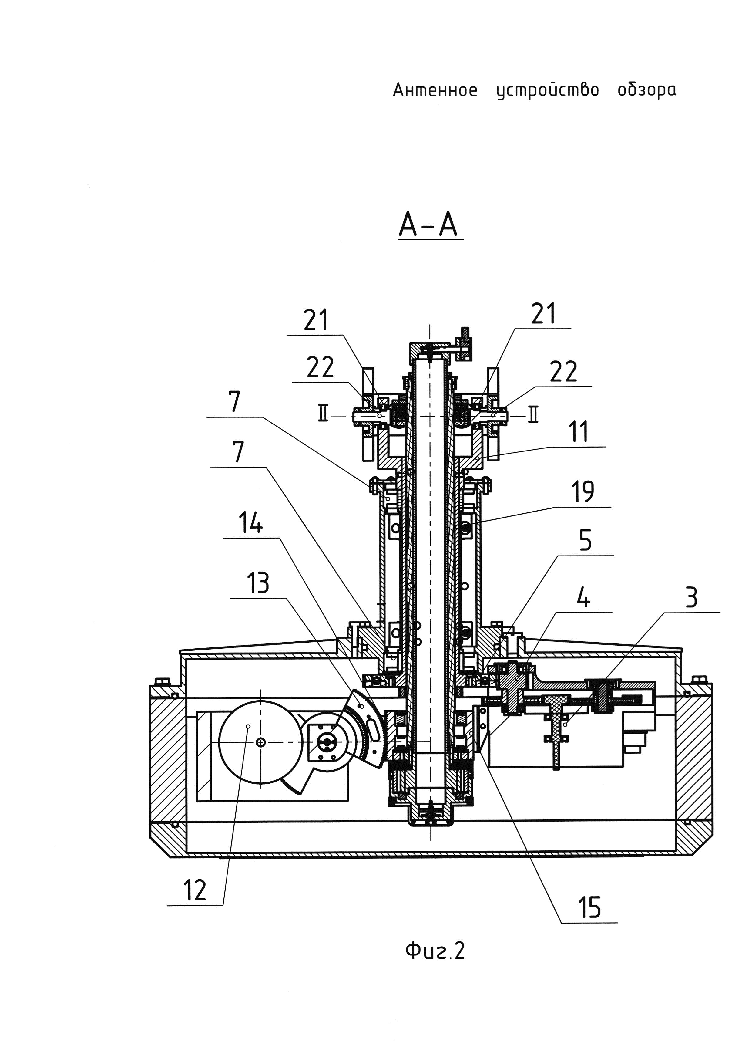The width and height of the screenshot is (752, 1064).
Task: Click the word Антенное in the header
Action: [x=435, y=90]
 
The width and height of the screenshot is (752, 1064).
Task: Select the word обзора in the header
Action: [x=647, y=91]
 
